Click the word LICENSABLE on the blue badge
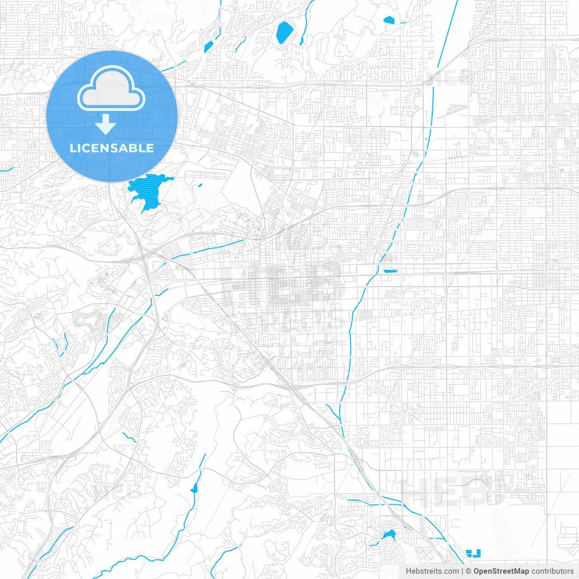click(x=112, y=148)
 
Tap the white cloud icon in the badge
click(x=111, y=89)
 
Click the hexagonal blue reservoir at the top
click(x=284, y=32)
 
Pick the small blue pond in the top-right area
click(x=389, y=20)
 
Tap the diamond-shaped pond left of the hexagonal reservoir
click(x=209, y=47)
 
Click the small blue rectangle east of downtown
click(x=390, y=271)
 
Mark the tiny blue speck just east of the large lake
click(x=200, y=185)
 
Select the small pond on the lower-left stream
click(x=195, y=488)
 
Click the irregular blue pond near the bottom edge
click(x=389, y=535)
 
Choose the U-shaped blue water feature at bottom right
click(x=474, y=553)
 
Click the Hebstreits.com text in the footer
click(x=432, y=571)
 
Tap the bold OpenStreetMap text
click(x=501, y=571)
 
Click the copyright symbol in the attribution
click(x=468, y=571)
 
